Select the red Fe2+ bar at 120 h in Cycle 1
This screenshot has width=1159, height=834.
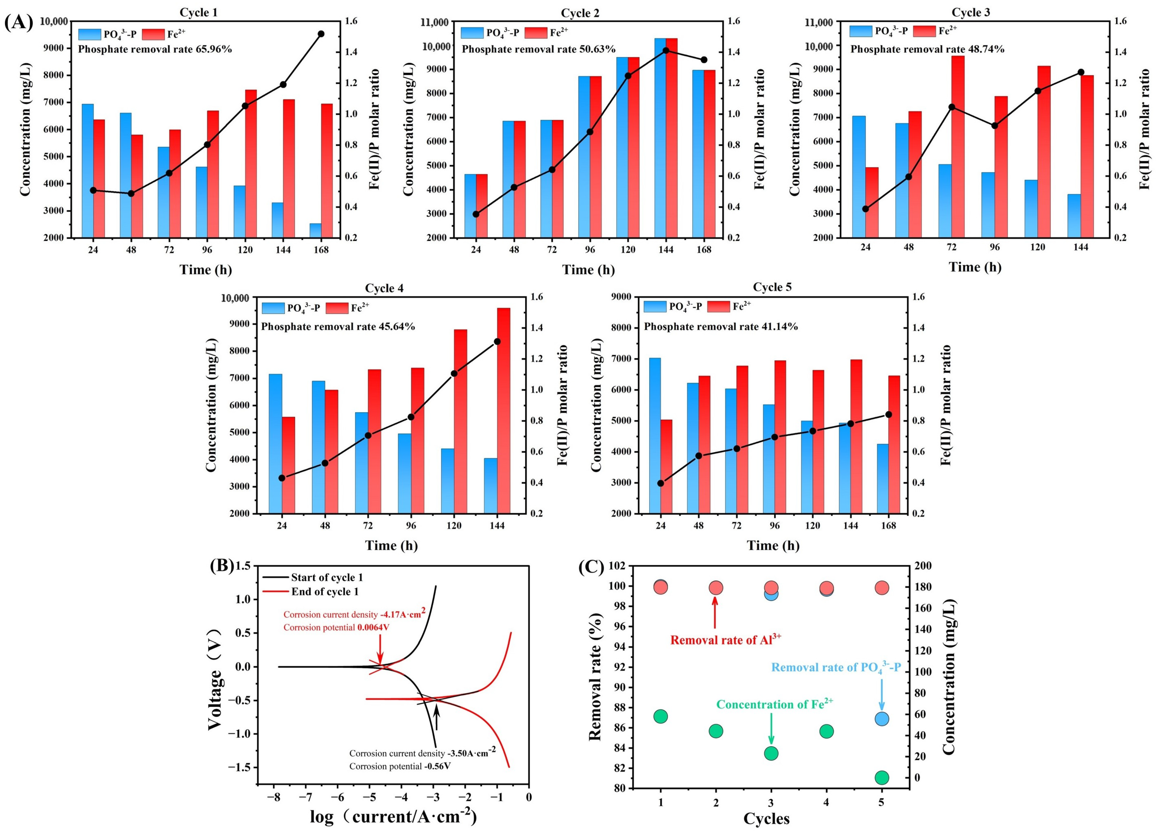[251, 164]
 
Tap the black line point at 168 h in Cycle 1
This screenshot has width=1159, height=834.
[321, 34]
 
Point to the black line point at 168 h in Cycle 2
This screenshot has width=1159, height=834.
[704, 60]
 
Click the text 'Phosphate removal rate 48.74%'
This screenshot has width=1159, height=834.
[927, 49]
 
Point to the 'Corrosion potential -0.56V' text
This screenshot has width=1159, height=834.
[400, 766]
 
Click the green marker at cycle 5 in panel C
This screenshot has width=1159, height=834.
[881, 778]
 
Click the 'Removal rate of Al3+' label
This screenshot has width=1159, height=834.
[725, 639]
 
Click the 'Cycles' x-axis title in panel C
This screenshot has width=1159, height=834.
[766, 819]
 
